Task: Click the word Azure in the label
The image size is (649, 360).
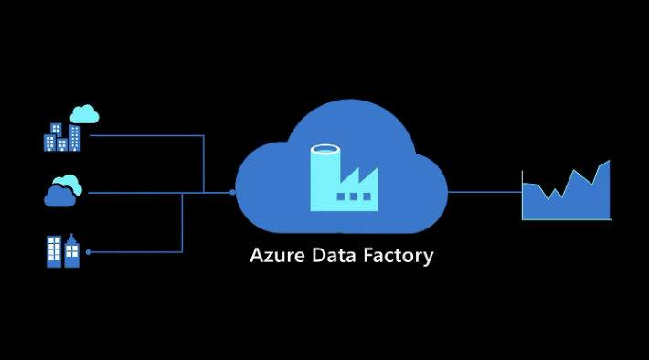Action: click(x=276, y=256)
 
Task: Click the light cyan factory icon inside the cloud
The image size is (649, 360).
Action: click(x=343, y=178)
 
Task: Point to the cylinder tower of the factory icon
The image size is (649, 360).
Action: click(x=324, y=174)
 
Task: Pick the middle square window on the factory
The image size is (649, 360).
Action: click(x=353, y=196)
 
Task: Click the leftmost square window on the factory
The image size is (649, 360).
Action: click(x=341, y=196)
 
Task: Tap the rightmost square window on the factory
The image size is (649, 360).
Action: click(x=366, y=196)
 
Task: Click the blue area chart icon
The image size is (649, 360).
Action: click(x=567, y=196)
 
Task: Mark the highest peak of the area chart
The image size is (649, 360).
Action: click(x=608, y=163)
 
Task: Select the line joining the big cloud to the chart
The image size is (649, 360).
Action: click(x=484, y=192)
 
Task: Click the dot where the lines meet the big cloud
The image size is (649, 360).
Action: click(x=232, y=193)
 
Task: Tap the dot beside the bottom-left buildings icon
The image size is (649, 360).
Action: click(x=89, y=251)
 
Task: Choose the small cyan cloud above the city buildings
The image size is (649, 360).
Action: click(x=84, y=114)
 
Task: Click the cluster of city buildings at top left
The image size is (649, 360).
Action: click(x=61, y=138)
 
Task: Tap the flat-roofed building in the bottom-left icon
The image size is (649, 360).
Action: click(x=54, y=251)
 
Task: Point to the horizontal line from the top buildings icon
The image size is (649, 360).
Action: click(x=146, y=135)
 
